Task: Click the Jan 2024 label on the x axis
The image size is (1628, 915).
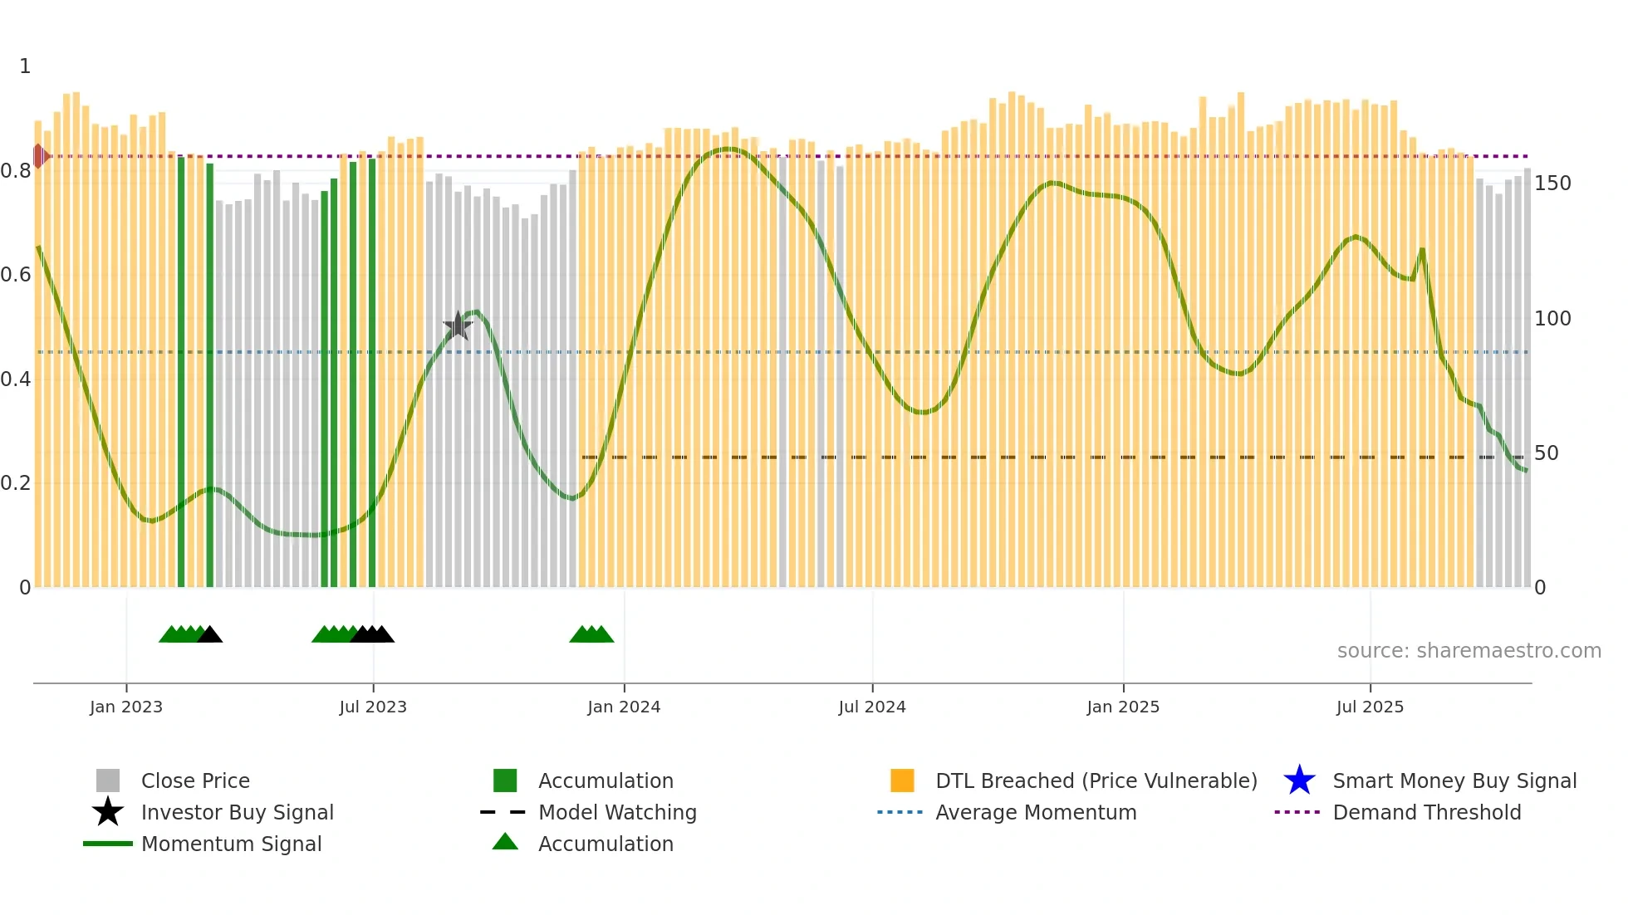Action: point(624,707)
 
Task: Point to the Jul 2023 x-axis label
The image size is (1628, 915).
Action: point(373,707)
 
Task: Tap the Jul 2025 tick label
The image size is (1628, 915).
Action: point(1370,707)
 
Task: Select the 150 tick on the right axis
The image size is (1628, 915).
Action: point(1552,183)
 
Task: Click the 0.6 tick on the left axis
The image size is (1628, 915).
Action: point(16,275)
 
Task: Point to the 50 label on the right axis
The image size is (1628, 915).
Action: point(1546,453)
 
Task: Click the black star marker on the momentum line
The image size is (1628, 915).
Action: point(458,325)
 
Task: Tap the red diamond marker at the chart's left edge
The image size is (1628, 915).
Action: point(39,155)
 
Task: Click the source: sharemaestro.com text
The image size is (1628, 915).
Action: point(1469,650)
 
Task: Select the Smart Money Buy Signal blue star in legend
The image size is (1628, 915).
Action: point(1299,780)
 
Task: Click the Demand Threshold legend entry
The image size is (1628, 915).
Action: point(1426,812)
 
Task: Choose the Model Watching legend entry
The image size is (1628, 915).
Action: point(616,812)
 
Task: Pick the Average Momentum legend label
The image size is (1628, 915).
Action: point(1035,812)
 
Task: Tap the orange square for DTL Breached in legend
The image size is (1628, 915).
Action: point(902,780)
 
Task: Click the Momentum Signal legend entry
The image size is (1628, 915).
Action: point(231,844)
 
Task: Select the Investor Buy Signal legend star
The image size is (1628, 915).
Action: point(108,812)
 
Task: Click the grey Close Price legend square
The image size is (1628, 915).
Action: point(108,780)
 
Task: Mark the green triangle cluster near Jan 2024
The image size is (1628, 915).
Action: point(591,634)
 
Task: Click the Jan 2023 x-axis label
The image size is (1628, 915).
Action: point(126,707)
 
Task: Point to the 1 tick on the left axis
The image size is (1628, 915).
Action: point(25,66)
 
